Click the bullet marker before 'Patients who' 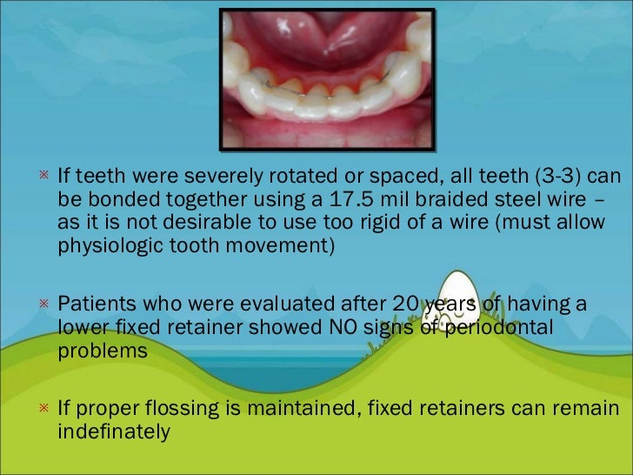pyautogui.click(x=42, y=304)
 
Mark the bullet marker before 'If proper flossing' pyautogui.click(x=42, y=408)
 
